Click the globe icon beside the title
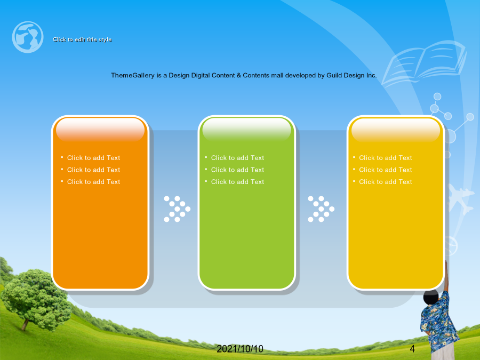click(x=28, y=37)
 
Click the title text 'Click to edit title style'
click(x=82, y=39)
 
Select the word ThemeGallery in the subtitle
click(x=133, y=75)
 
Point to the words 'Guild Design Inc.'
click(x=351, y=75)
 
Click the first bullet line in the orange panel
click(x=93, y=158)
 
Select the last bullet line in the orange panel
click(x=93, y=182)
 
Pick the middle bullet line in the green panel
click(x=237, y=170)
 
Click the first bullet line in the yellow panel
click(x=386, y=158)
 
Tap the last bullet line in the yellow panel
click(x=386, y=182)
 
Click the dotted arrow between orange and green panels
click(x=177, y=209)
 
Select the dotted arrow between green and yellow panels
click(x=321, y=209)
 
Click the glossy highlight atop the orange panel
click(x=100, y=130)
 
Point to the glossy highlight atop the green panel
click(x=246, y=130)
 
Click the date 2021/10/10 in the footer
click(x=240, y=349)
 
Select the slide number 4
click(x=412, y=349)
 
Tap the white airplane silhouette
click(x=460, y=199)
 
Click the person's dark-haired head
click(x=431, y=297)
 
